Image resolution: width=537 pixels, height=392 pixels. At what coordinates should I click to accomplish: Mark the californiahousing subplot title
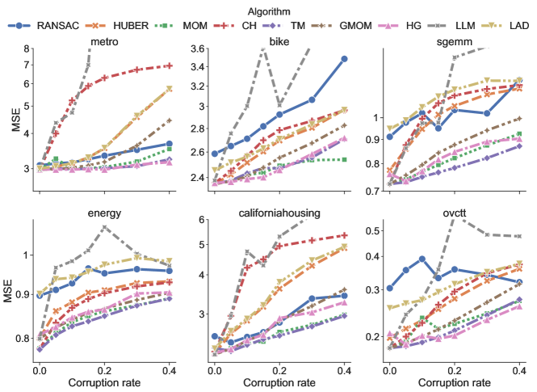pyautogui.click(x=278, y=213)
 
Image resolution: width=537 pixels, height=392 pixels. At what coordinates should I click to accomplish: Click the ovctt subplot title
pyautogui.click(x=452, y=213)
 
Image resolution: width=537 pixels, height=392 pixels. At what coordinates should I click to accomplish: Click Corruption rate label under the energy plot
pyautogui.click(x=103, y=381)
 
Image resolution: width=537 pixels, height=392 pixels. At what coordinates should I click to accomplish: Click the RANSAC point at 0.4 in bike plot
pyautogui.click(x=344, y=59)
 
